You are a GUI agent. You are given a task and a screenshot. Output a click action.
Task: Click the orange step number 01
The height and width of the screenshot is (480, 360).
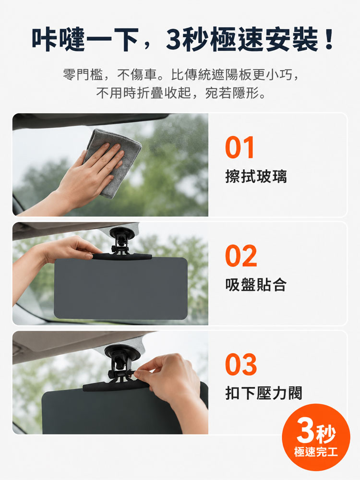point(240,147)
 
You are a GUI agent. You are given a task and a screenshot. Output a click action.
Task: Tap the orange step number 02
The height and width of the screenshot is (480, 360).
point(241,256)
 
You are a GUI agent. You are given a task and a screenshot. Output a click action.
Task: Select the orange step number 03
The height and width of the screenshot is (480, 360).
point(241,364)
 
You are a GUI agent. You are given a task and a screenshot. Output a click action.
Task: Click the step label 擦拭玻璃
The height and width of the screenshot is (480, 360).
point(256,176)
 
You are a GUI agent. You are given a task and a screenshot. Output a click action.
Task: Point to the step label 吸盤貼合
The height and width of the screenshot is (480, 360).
point(256,285)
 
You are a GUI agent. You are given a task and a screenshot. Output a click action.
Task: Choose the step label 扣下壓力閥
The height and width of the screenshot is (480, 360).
point(264,393)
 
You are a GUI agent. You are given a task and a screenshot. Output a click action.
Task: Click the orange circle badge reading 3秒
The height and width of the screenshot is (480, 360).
point(316,437)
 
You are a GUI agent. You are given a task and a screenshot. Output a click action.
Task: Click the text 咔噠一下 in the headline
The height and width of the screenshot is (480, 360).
point(85,39)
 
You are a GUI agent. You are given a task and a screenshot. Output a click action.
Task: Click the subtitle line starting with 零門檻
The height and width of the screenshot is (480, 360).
point(180,74)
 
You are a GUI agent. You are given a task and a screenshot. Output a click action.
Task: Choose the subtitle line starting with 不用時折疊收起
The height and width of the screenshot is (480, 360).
point(180,93)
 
